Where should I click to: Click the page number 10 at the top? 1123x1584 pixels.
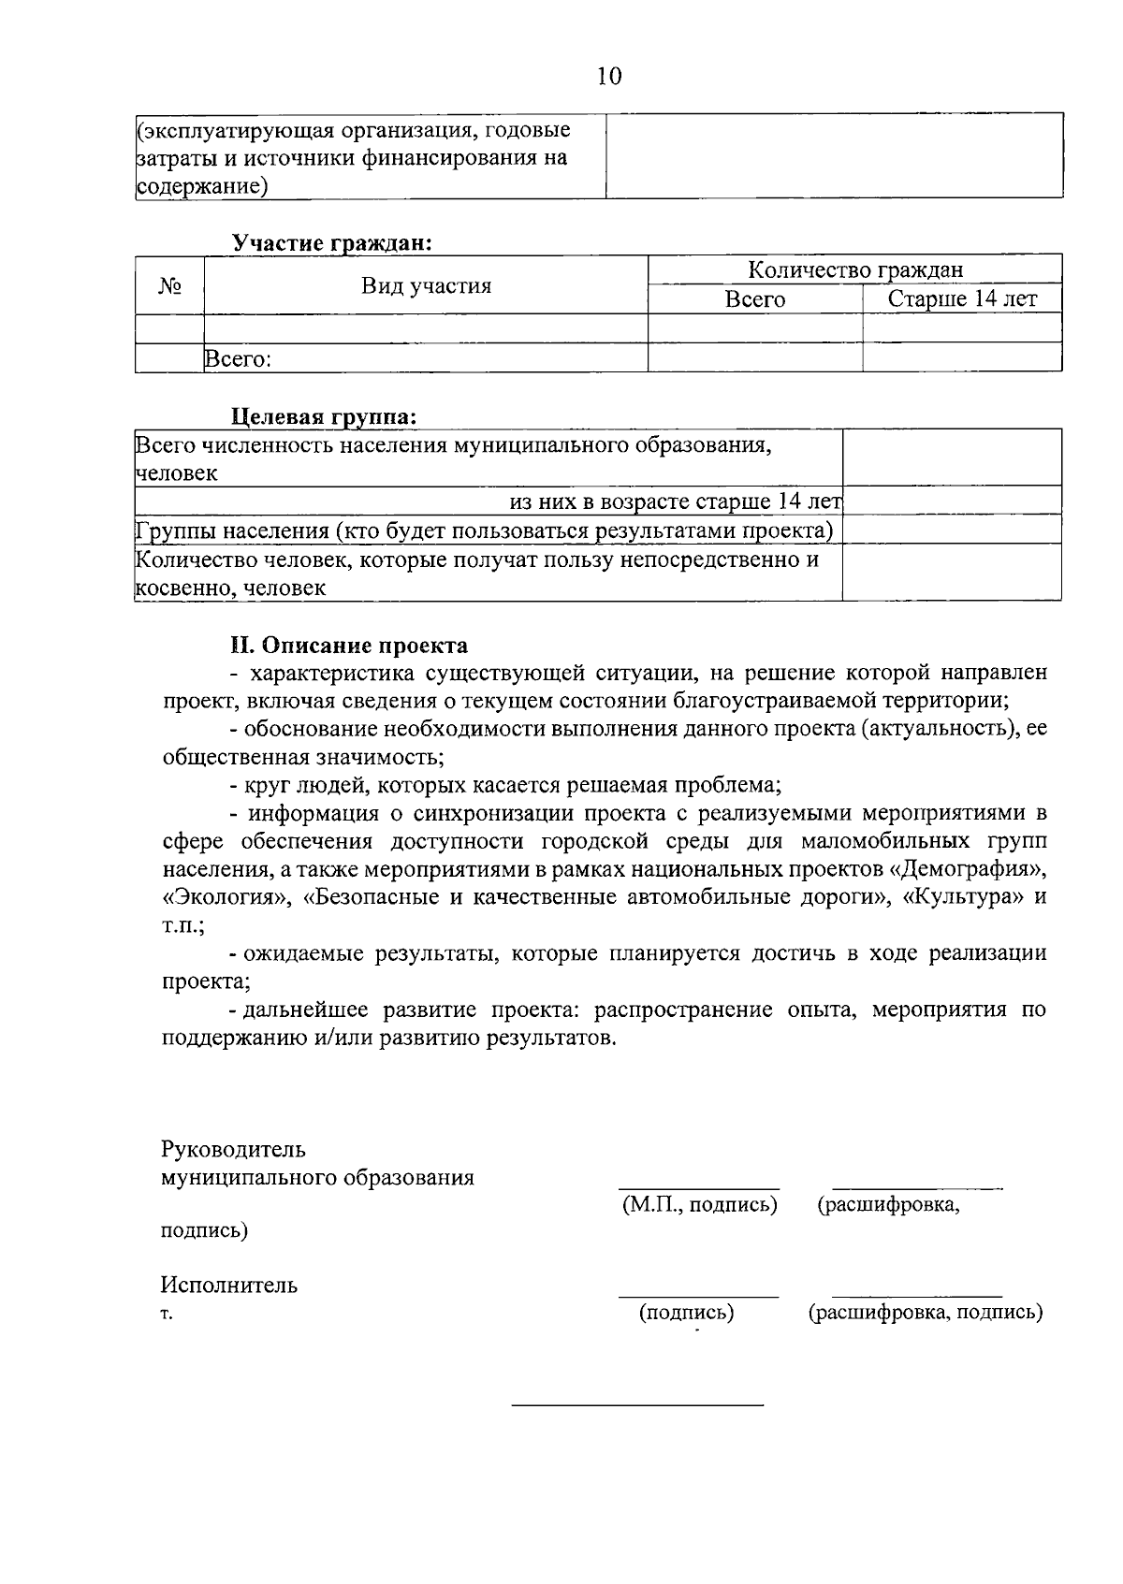[x=608, y=76]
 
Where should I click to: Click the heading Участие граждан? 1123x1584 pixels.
[x=332, y=243]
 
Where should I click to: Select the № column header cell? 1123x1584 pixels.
[x=169, y=285]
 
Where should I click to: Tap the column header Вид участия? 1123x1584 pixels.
[x=426, y=285]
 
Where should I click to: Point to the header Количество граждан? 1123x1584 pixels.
[x=854, y=269]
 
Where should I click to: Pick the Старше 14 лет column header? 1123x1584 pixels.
[x=961, y=299]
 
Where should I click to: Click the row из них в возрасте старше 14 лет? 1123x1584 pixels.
[x=675, y=501]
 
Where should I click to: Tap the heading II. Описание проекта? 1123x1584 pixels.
[x=350, y=646]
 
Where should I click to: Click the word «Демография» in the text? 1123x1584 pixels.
[x=965, y=869]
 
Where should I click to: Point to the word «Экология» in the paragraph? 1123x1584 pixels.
[x=217, y=897]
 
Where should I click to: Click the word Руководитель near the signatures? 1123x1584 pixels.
[x=233, y=1149]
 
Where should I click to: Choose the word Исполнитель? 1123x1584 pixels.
[x=229, y=1285]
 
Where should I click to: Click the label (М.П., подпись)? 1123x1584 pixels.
[x=699, y=1204]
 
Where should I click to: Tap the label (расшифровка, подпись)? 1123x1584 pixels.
[x=925, y=1312]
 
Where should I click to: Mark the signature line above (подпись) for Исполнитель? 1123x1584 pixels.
[x=697, y=1297]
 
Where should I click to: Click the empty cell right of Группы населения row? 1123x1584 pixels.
[x=951, y=530]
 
